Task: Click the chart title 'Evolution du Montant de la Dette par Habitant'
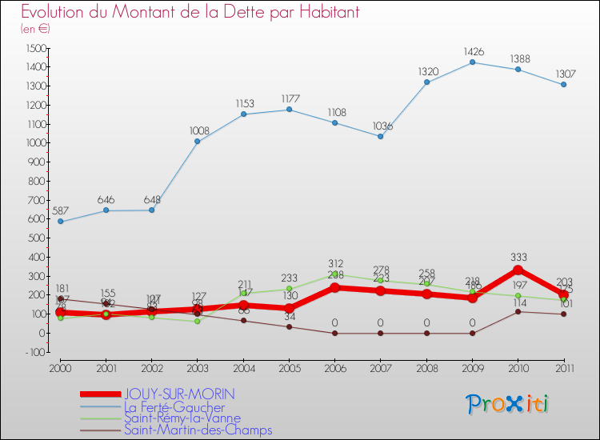coord(190,13)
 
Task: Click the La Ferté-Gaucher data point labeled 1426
coord(472,62)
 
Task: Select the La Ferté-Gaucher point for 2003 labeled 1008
coord(198,142)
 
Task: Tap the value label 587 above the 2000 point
coord(61,210)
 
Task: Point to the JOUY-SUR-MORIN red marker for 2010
coord(518,270)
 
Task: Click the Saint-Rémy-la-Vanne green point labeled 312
coord(335,274)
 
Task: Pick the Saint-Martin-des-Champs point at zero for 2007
coord(381,333)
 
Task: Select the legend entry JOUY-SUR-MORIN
coord(179,394)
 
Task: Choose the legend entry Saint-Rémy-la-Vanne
coord(182,418)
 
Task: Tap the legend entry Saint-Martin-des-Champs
coord(198,430)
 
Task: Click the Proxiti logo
coord(508,404)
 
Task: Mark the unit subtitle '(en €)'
coord(36,29)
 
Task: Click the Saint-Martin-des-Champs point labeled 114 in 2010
coord(518,311)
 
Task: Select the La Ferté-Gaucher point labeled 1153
coord(243,114)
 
